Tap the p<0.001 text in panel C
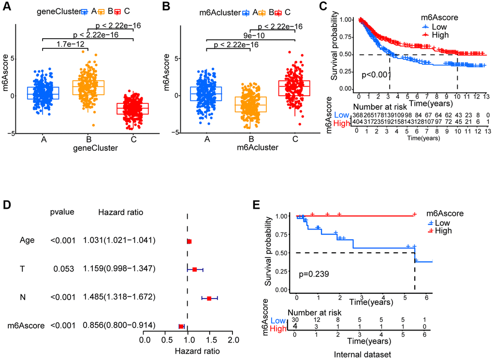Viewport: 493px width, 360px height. click(374, 74)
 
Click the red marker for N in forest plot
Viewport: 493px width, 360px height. click(209, 299)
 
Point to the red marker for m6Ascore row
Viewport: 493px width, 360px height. click(181, 327)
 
